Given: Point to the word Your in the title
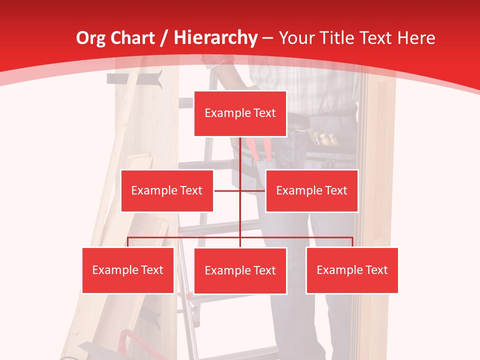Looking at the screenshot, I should (295, 38).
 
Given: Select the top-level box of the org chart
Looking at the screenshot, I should (240, 113).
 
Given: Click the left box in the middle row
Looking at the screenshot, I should (167, 190).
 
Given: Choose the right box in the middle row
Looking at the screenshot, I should (311, 190).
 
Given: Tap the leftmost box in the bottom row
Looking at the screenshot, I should (128, 270).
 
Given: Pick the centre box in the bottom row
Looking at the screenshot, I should (240, 270).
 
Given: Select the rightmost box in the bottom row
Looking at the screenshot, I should (352, 270).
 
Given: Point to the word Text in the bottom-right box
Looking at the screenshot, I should (376, 270).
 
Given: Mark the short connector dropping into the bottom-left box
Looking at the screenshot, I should (128, 242).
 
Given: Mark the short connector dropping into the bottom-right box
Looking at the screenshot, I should (352, 242).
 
